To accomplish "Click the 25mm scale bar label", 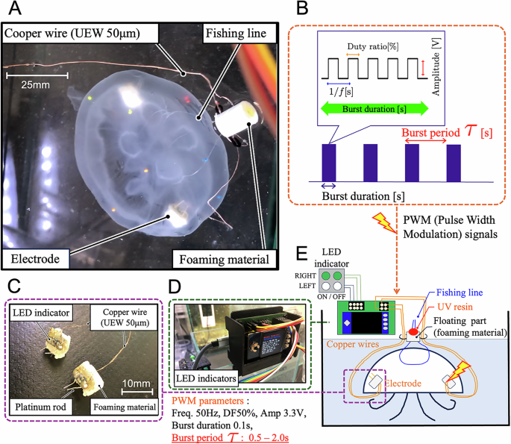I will (x=36, y=85).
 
